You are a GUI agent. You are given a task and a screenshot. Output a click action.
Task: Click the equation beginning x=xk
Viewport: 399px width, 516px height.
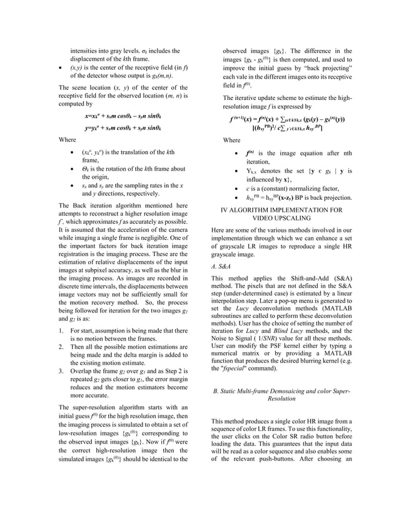[123, 116]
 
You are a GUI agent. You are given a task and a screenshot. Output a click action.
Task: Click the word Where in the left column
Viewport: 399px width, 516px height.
[67, 140]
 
